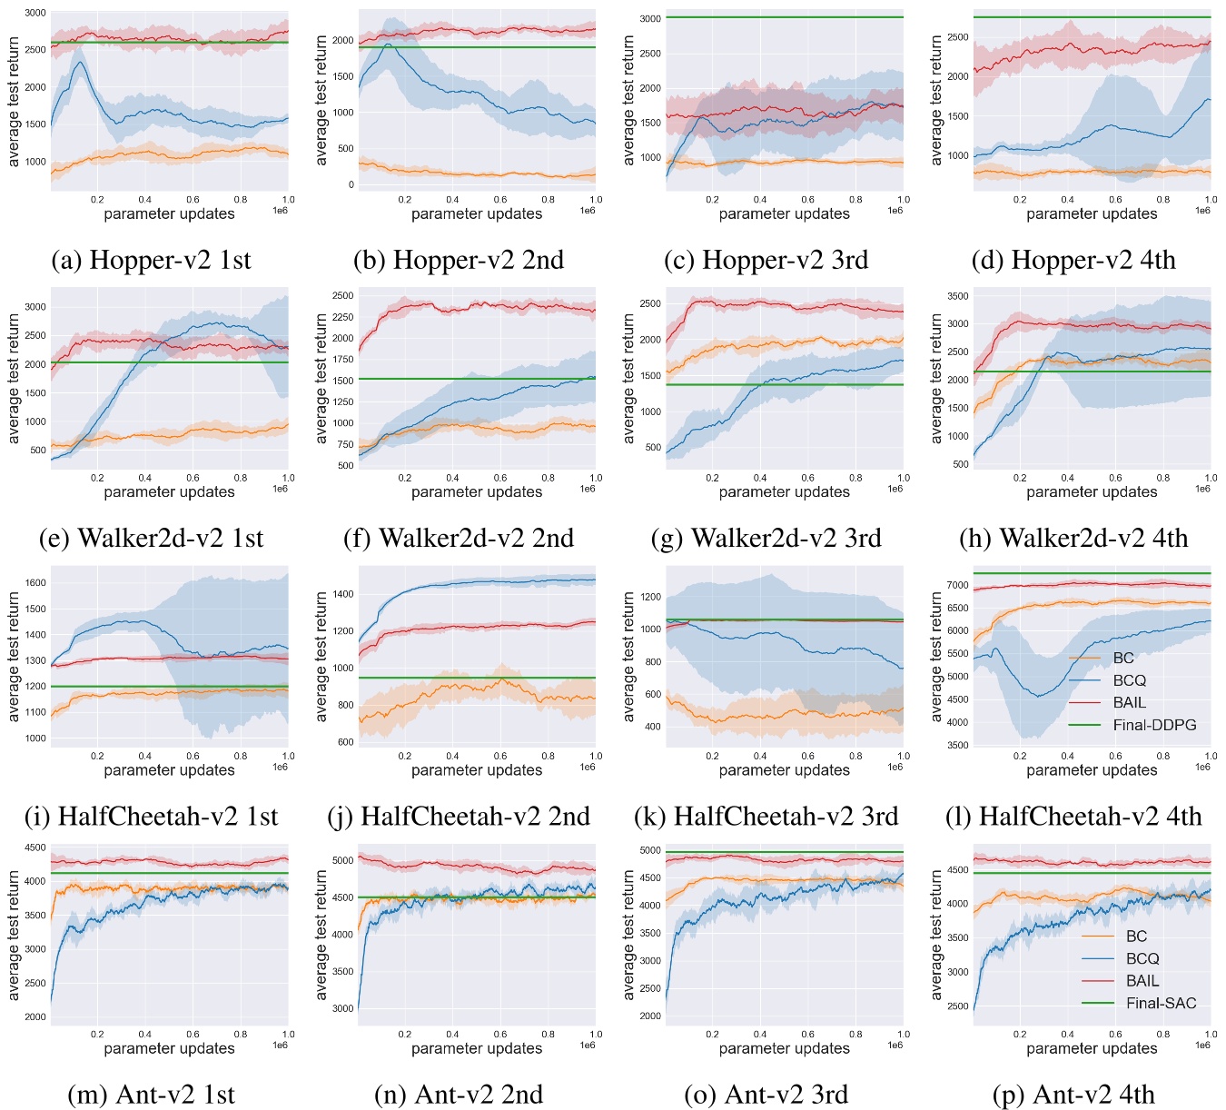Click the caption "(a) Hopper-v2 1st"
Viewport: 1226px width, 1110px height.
click(x=152, y=260)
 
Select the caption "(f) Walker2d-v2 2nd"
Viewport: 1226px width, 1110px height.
click(x=459, y=538)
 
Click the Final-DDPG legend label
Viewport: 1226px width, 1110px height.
click(x=1154, y=725)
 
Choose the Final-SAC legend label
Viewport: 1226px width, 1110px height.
click(x=1161, y=1003)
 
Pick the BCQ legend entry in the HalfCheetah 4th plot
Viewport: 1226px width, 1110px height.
click(x=1129, y=680)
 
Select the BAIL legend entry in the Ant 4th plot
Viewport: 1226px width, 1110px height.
click(x=1142, y=981)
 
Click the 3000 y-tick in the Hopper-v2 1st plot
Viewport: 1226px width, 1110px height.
click(x=35, y=14)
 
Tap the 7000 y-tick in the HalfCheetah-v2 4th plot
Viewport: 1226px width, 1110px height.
click(x=956, y=585)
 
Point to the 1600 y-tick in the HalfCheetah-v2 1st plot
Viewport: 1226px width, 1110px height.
click(x=35, y=583)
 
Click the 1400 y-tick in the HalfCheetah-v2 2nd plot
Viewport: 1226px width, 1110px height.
click(x=342, y=594)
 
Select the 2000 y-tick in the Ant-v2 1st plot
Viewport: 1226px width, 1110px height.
click(x=35, y=1017)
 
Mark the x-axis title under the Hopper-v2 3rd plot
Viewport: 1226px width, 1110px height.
click(x=784, y=214)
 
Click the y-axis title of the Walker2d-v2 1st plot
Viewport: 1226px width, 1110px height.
click(x=14, y=378)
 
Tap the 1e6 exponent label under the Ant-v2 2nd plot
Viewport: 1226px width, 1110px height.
click(x=588, y=1046)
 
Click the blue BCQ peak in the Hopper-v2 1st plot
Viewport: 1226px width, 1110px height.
click(x=81, y=62)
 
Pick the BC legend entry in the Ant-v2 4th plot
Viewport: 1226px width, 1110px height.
click(x=1136, y=937)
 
